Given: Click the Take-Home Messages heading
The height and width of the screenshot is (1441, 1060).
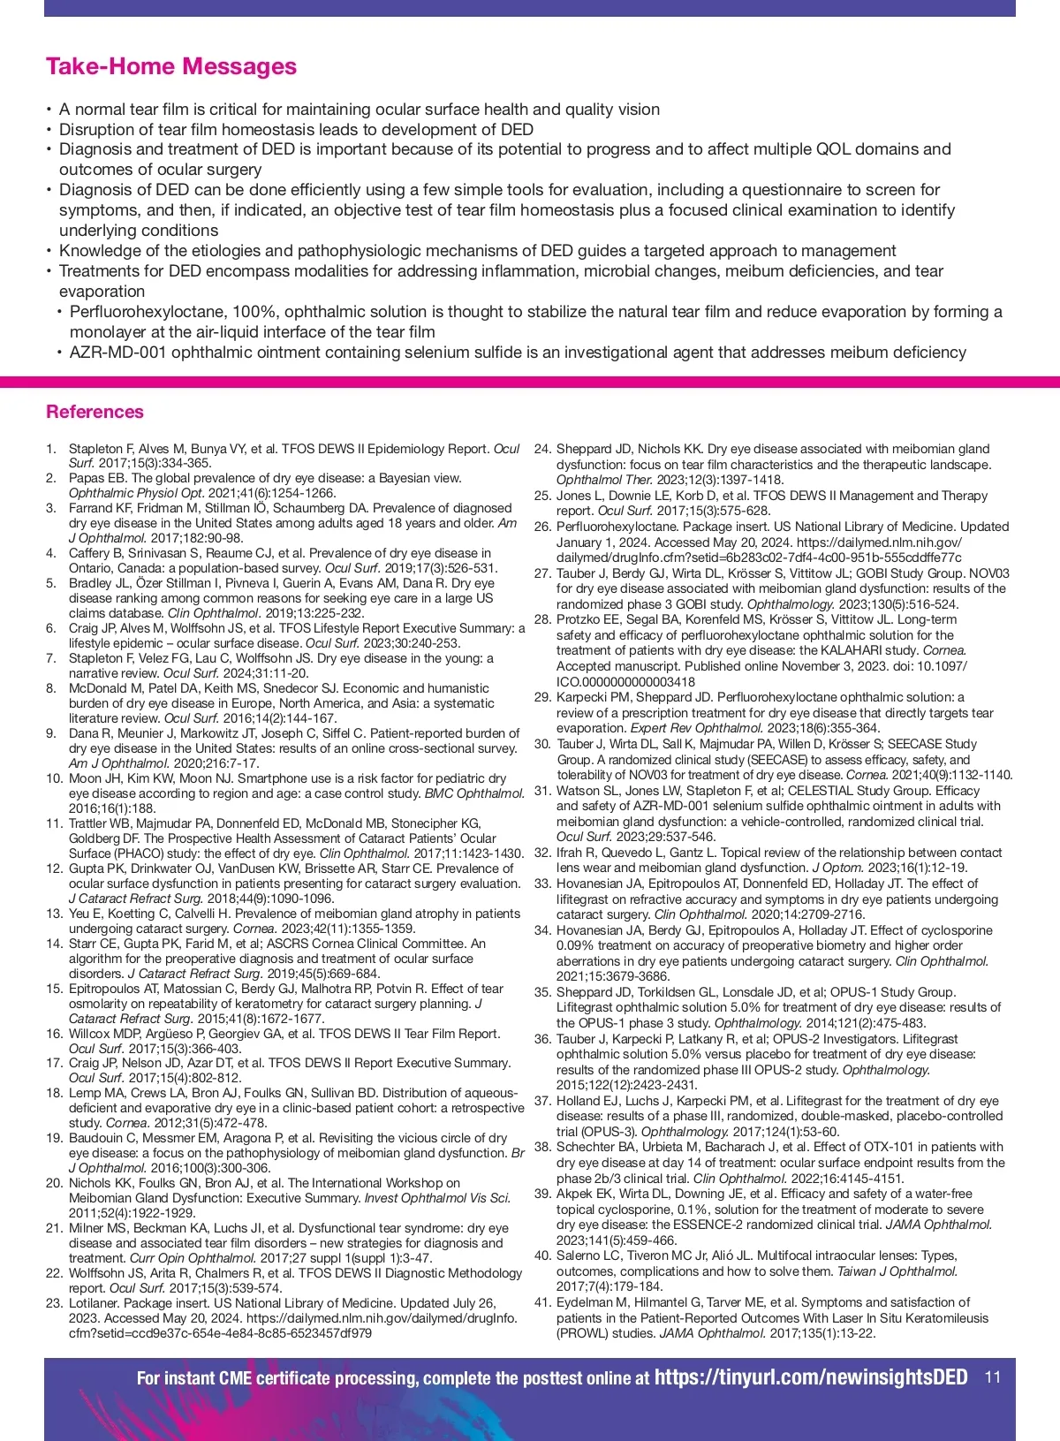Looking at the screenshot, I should pos(170,66).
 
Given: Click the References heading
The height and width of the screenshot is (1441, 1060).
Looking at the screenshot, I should pos(95,412).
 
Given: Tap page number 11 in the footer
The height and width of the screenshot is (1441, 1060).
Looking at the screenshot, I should pos(993,1377).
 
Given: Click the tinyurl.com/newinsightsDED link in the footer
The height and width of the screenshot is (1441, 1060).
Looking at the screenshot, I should pos(811,1377).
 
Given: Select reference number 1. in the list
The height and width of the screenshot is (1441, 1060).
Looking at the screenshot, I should pos(51,449).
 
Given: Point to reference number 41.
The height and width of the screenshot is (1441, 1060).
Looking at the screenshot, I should pos(542,1302).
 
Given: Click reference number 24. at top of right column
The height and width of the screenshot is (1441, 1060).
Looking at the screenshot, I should pos(542,449).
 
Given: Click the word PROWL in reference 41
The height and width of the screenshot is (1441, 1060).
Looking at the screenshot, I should pos(586,1333).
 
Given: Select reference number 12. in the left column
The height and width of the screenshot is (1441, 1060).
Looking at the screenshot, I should pos(55,868).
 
